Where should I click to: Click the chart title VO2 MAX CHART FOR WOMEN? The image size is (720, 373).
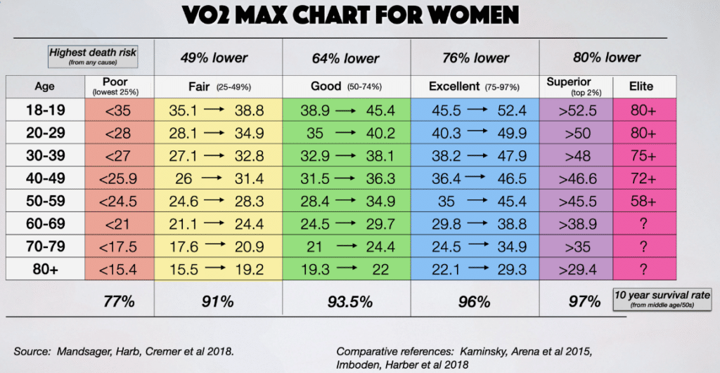pyautogui.click(x=359, y=15)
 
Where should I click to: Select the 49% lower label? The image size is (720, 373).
pyautogui.click(x=218, y=58)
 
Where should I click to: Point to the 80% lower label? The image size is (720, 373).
pyautogui.click(x=607, y=58)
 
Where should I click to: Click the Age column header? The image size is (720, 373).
pyautogui.click(x=44, y=87)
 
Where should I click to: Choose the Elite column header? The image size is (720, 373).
pyautogui.click(x=641, y=87)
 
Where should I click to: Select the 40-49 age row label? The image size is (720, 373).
pyautogui.click(x=44, y=179)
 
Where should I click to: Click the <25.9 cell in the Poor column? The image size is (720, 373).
pyautogui.click(x=114, y=179)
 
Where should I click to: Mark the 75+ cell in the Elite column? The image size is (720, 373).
pyautogui.click(x=643, y=156)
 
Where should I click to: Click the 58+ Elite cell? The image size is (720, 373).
pyautogui.click(x=643, y=202)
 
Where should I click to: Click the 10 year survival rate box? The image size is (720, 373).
pyautogui.click(x=662, y=299)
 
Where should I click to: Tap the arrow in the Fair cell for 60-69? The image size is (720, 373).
pyautogui.click(x=216, y=224)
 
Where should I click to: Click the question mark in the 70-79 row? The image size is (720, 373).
pyautogui.click(x=643, y=247)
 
